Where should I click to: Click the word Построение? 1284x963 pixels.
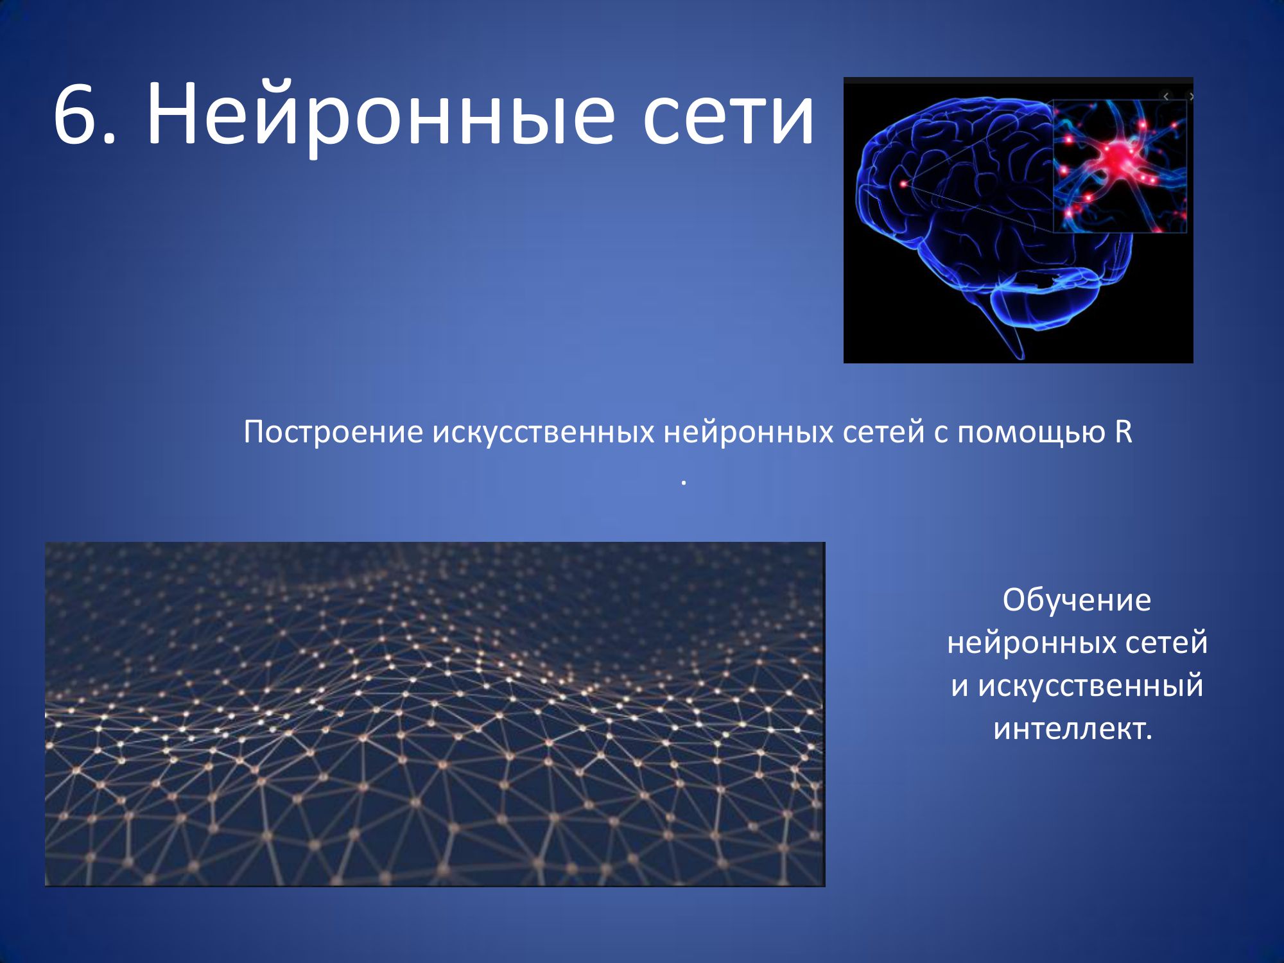click(333, 432)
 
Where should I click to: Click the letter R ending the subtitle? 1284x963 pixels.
click(1123, 432)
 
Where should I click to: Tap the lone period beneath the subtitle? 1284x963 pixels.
click(684, 482)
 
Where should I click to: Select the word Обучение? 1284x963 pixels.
click(1077, 600)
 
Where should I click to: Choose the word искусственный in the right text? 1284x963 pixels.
click(1091, 686)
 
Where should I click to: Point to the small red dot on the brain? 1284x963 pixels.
click(904, 184)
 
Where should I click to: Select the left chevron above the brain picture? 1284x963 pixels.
click(1166, 96)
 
